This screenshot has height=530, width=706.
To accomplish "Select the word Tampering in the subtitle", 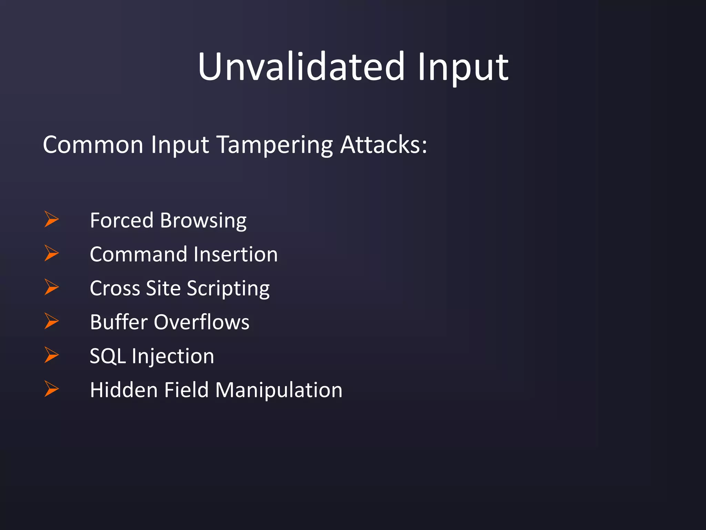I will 275,145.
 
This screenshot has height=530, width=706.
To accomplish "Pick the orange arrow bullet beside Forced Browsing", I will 51,219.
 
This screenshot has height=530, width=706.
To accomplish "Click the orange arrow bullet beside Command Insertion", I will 51,253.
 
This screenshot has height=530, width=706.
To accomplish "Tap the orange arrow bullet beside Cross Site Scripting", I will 51,287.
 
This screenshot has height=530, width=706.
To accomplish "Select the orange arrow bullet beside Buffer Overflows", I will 51,321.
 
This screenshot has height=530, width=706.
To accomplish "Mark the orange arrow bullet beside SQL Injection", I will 51,355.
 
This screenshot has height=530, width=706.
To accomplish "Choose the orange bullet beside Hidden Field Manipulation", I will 51,389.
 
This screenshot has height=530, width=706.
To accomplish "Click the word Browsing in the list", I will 203,221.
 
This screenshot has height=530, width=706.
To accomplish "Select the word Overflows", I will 201,322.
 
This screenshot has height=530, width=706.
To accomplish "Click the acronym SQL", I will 108,356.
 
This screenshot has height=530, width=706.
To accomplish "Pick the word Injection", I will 173,356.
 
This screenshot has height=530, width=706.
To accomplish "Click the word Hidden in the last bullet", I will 124,390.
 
